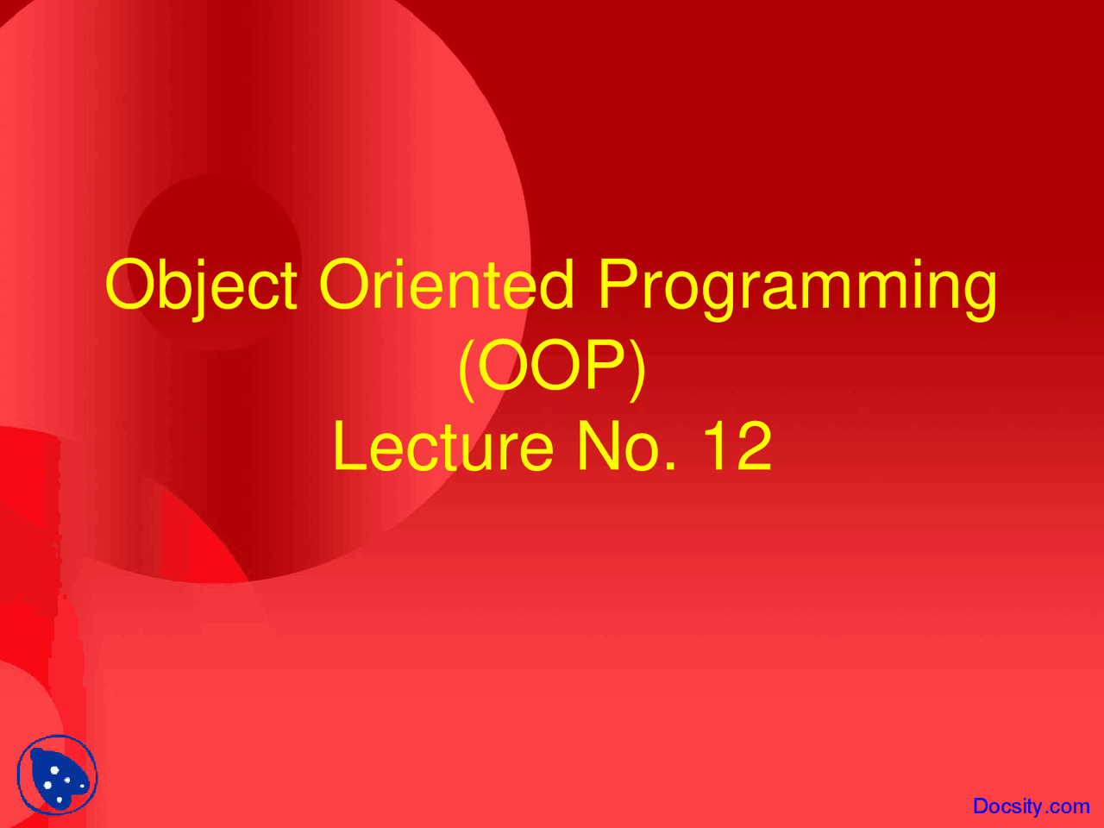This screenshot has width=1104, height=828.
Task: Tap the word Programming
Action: pos(797,286)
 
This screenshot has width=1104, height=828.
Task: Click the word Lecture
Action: pos(442,447)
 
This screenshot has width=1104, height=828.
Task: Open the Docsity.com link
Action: pos(1031,806)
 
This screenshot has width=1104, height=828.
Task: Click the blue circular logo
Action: pos(57,775)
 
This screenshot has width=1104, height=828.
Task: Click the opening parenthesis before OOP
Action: pos(466,369)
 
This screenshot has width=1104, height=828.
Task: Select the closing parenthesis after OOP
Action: pos(638,369)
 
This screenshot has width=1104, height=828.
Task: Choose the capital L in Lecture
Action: pos(349,447)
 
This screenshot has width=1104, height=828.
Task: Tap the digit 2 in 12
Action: pos(754,447)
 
